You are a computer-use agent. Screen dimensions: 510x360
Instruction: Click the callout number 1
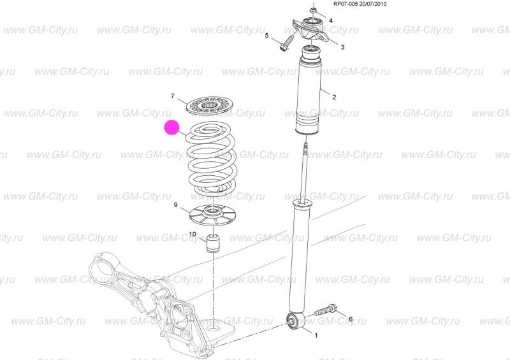[x=316, y=335]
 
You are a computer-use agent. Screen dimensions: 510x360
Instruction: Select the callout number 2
[x=334, y=97]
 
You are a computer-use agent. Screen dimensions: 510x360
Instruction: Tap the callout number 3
[x=342, y=47]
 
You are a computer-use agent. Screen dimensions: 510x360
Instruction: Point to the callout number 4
[x=331, y=21]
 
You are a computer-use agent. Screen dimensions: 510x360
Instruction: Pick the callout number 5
[x=266, y=35]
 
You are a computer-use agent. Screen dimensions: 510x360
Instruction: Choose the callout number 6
[x=350, y=319]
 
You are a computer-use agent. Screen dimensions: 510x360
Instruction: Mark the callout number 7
[x=172, y=96]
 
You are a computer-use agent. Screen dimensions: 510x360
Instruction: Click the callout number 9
[x=176, y=205]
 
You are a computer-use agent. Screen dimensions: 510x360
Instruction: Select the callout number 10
[x=193, y=234]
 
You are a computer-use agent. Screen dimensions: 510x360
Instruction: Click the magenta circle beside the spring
[x=171, y=127]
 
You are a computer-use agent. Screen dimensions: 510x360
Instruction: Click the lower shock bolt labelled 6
[x=326, y=309]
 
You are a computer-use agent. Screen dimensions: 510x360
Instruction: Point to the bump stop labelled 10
[x=214, y=243]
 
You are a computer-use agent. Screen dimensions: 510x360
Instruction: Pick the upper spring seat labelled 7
[x=211, y=105]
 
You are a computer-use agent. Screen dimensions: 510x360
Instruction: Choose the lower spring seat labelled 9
[x=213, y=215]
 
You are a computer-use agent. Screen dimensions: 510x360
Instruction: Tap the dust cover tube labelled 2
[x=308, y=91]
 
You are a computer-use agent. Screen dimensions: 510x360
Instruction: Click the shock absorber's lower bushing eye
[x=296, y=321]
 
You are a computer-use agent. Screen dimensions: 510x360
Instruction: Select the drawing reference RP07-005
[x=346, y=4]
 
